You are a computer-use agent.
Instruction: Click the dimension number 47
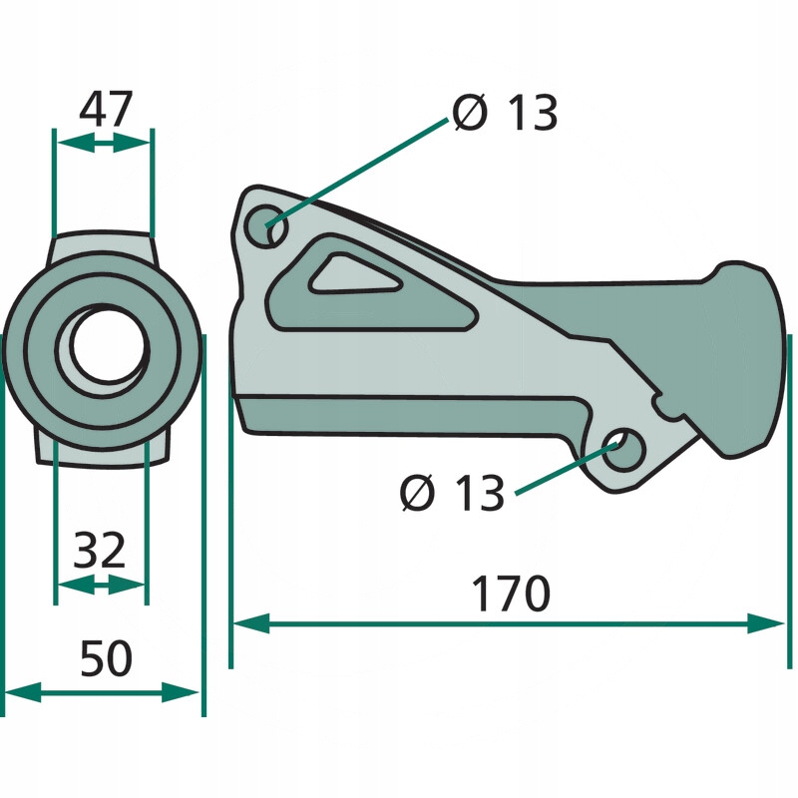[x=106, y=109]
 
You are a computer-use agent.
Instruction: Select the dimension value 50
[x=107, y=658]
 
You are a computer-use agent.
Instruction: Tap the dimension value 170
[x=511, y=594]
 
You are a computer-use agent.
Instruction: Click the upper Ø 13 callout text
[x=506, y=113]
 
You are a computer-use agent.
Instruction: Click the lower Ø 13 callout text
[x=453, y=493]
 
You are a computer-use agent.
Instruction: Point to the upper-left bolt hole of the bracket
[x=265, y=226]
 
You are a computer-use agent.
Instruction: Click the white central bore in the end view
[x=109, y=344]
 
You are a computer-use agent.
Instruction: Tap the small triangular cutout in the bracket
[x=350, y=276]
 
